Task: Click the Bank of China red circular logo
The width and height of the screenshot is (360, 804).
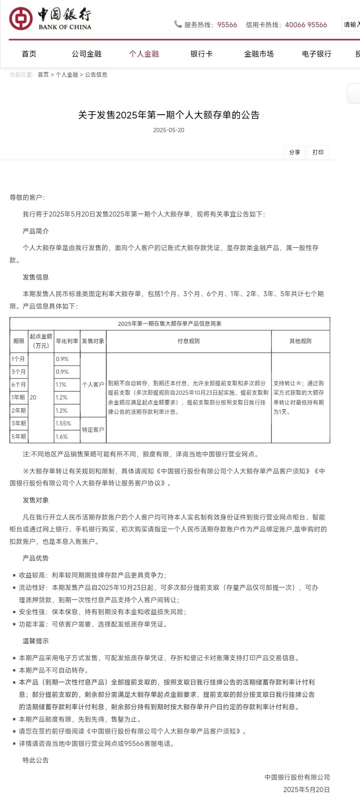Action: point(21,19)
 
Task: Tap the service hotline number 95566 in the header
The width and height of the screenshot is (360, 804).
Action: point(227,25)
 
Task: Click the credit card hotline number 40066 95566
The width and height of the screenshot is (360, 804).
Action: point(306,25)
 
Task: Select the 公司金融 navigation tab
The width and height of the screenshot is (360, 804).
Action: point(87,54)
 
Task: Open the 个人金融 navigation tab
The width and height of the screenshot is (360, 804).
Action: point(144,54)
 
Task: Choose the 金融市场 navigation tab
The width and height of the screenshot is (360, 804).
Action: point(259,54)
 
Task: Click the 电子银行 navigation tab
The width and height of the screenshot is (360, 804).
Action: point(316,54)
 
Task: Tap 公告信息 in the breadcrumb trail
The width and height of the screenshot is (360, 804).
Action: point(96,75)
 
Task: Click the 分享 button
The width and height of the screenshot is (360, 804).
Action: point(294,152)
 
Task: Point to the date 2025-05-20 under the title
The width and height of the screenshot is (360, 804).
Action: point(168,130)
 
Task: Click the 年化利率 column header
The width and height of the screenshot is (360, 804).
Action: point(67,341)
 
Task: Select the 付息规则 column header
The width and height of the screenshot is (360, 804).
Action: point(189,341)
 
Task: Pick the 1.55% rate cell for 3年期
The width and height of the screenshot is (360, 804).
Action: point(64,423)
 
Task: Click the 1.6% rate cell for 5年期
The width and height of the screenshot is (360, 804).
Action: point(62,437)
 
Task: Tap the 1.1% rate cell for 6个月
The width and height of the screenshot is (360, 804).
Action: point(61,385)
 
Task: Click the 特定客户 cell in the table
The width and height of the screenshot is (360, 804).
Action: point(93,430)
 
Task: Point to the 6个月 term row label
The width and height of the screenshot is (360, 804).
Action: point(19,385)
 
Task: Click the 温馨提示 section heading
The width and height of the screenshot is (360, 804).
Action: point(36,641)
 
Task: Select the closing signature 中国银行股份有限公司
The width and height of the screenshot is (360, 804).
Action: point(297,777)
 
